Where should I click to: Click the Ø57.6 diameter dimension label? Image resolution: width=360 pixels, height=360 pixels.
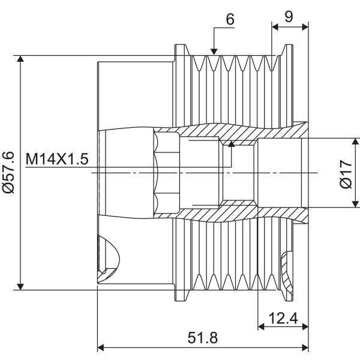(x=9, y=172)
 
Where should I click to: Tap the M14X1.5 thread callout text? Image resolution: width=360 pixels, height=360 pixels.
(x=57, y=159)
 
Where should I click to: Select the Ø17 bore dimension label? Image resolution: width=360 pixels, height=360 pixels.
(x=346, y=174)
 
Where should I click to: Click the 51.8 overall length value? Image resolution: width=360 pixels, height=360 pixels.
(x=203, y=338)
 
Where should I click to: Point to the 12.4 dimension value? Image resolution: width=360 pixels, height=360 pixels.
(x=283, y=318)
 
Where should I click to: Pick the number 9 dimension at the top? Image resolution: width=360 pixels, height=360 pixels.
(x=289, y=17)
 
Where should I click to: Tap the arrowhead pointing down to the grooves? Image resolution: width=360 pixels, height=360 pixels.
(x=214, y=52)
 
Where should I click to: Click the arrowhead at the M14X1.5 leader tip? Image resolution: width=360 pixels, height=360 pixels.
(x=232, y=144)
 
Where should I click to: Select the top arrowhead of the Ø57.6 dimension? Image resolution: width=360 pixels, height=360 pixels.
(x=20, y=59)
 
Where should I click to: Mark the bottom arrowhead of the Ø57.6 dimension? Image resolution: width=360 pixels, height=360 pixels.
(x=20, y=287)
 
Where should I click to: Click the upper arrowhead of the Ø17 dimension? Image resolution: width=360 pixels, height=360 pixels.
(x=355, y=142)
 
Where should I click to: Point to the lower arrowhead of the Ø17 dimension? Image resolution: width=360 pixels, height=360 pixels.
(x=355, y=204)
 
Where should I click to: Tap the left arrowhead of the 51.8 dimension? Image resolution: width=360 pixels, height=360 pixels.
(x=101, y=347)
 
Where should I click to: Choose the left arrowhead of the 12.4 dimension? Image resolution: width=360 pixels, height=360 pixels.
(x=261, y=326)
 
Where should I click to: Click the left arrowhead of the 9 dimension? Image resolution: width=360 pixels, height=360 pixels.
(x=275, y=27)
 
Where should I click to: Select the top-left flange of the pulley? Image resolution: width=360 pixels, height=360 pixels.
(x=181, y=50)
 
